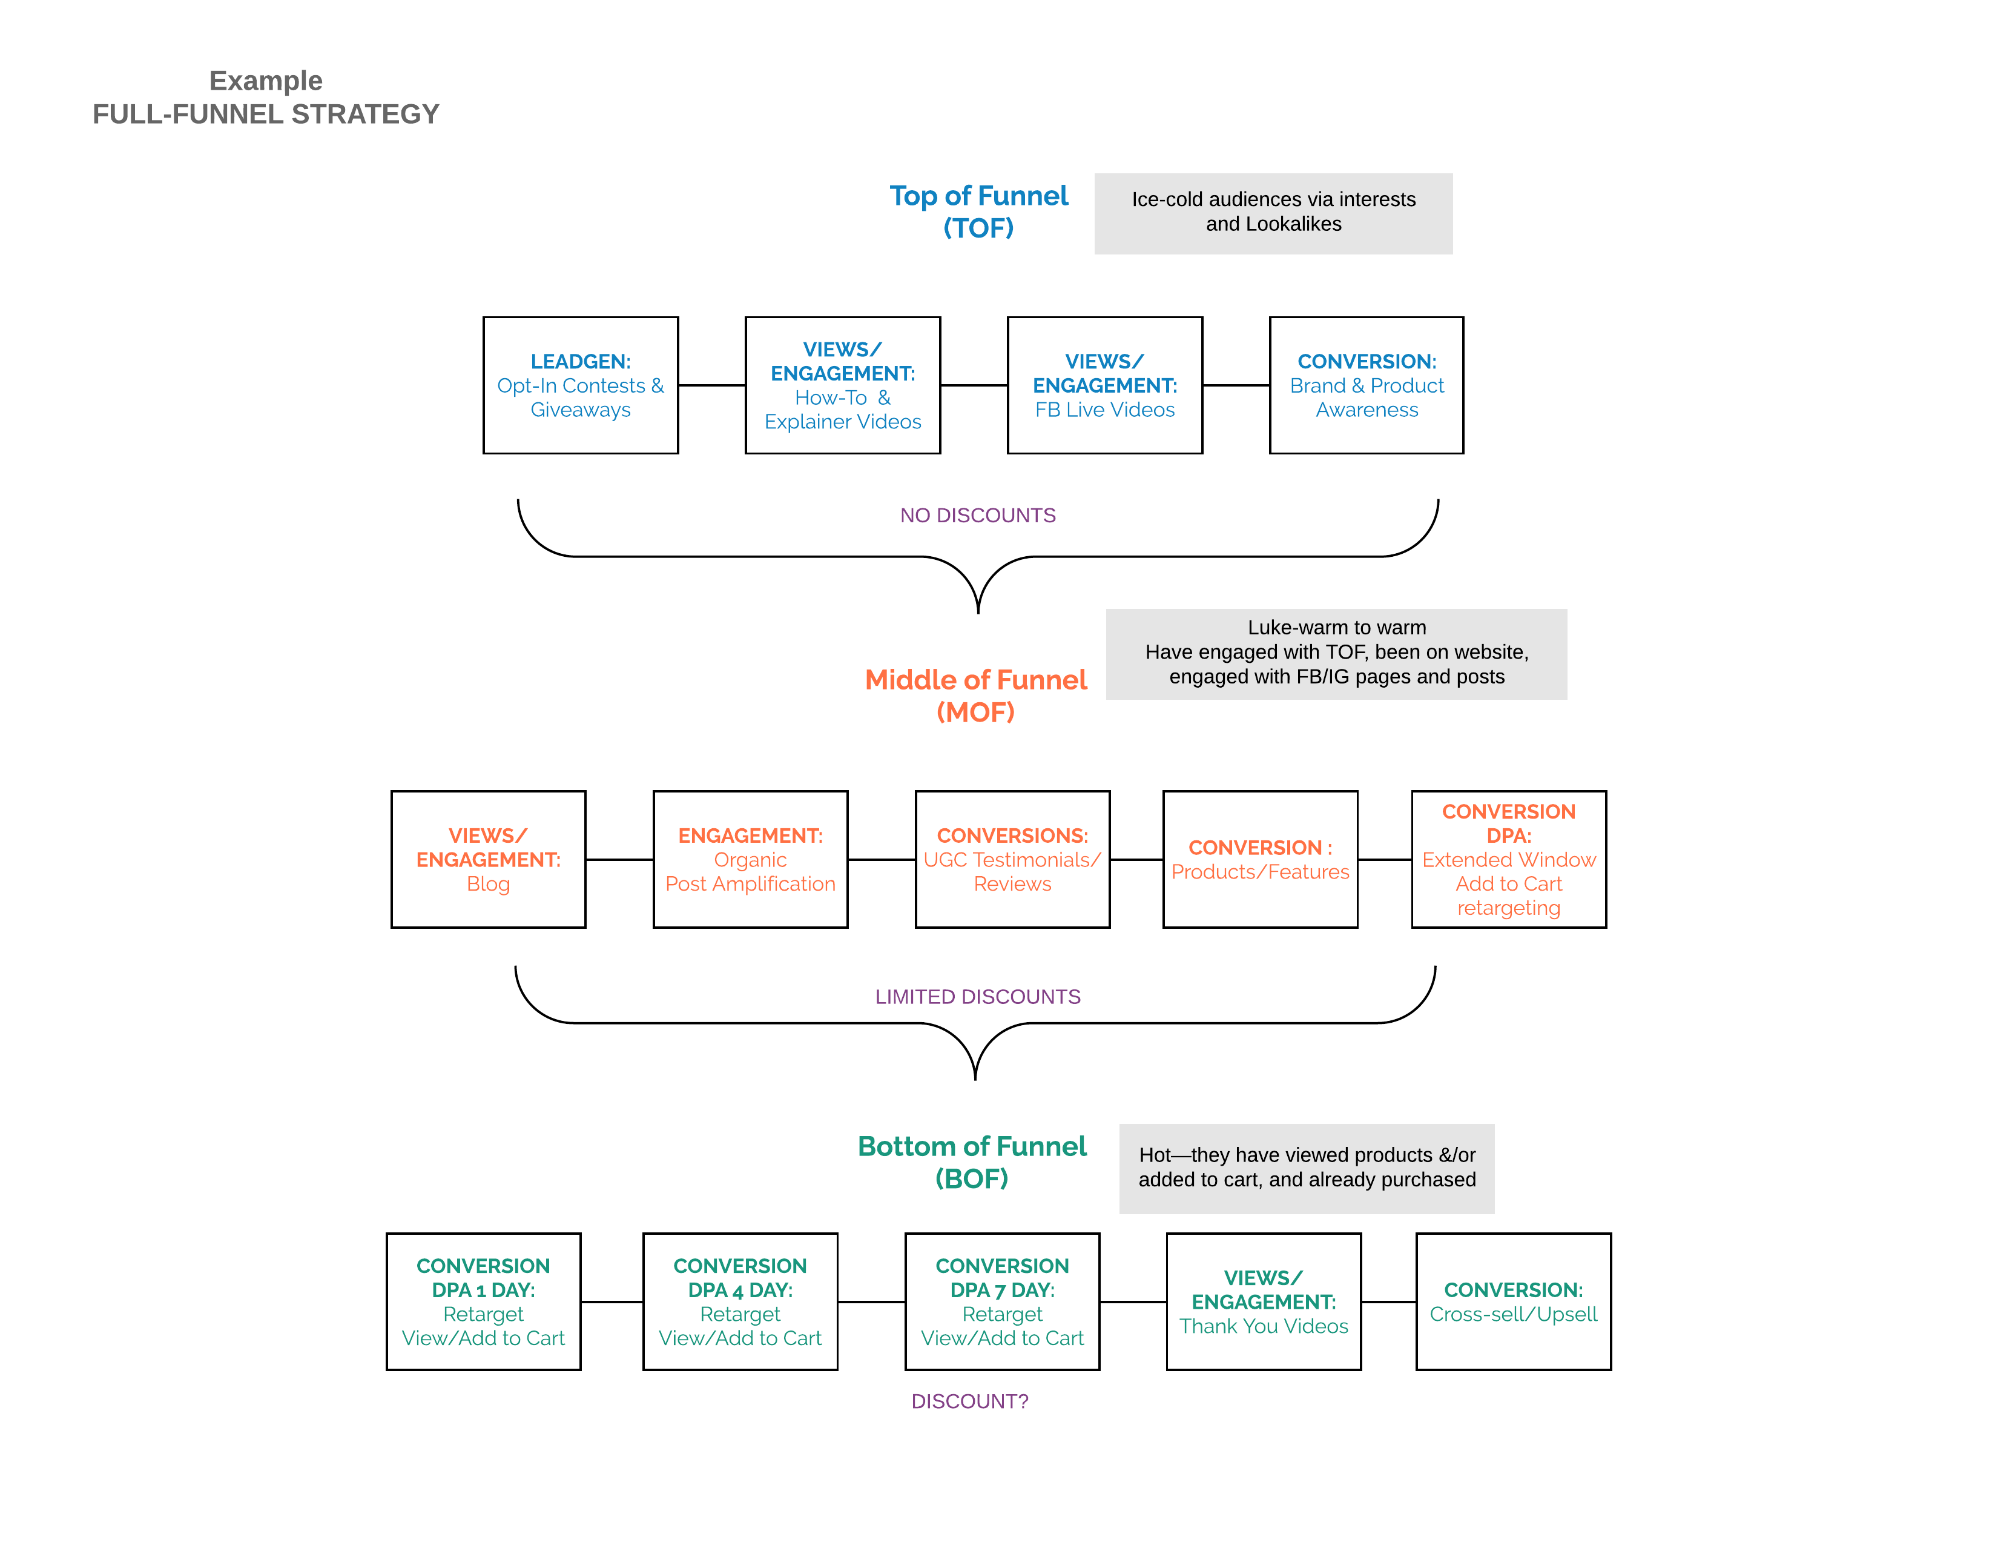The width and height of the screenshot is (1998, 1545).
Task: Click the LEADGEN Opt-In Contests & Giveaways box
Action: click(580, 385)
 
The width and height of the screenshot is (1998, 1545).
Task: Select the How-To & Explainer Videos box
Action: click(843, 385)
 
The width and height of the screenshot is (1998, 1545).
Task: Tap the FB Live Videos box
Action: click(1104, 385)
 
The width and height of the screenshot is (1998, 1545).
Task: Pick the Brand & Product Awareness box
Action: click(1366, 385)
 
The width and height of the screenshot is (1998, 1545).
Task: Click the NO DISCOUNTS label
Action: click(977, 516)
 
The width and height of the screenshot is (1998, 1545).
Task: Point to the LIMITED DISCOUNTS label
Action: click(977, 997)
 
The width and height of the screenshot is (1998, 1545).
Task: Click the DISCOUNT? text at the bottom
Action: click(970, 1401)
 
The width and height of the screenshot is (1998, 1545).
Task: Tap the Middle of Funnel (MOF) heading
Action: click(975, 696)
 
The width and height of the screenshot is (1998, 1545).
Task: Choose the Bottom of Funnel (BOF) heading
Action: click(972, 1161)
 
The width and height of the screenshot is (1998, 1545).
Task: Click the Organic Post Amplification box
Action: click(750, 860)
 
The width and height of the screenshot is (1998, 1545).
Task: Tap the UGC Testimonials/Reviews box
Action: click(1012, 860)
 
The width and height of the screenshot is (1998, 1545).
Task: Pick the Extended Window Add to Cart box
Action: click(1509, 860)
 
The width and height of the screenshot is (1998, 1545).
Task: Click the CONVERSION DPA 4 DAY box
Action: click(740, 1301)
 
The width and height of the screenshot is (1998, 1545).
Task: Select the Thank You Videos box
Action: click(1264, 1301)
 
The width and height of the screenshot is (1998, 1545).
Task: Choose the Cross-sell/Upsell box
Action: click(1513, 1301)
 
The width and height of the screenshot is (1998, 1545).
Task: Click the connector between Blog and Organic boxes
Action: click(619, 860)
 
